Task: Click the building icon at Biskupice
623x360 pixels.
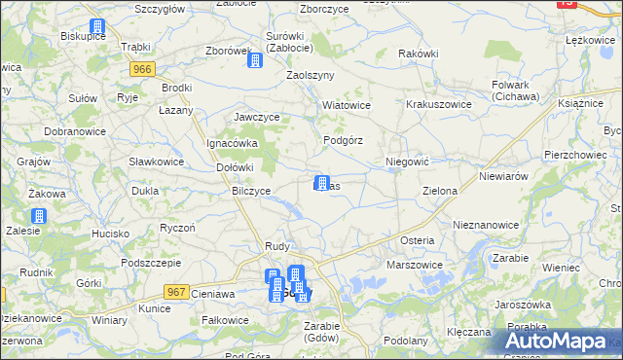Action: tap(96, 29)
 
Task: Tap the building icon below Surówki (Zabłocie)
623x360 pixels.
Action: tap(255, 60)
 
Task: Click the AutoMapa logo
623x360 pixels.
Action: tap(562, 342)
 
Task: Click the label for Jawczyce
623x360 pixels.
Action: tap(257, 117)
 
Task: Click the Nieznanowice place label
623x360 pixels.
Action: tap(486, 225)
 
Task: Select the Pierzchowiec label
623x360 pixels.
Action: tap(549, 155)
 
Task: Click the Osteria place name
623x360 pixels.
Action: tap(417, 240)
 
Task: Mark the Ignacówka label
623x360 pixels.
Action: tap(231, 143)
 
